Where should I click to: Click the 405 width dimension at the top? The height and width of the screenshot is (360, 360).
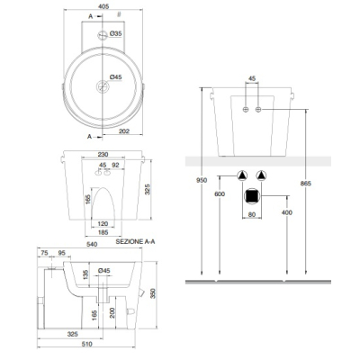[x=103, y=6]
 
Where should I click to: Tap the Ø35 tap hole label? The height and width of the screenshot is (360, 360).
[x=115, y=33]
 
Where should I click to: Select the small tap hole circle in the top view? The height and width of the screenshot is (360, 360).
[x=103, y=35]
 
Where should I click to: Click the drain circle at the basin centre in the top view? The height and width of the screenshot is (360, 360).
[x=103, y=86]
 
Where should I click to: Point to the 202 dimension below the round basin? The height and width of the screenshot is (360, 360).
[x=124, y=131]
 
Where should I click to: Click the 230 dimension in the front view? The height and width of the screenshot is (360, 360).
[x=103, y=155]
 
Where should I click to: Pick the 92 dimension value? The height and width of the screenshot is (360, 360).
[x=115, y=165]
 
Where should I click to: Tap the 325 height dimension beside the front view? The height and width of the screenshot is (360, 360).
[x=148, y=189]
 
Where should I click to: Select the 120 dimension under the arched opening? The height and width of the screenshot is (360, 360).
[x=103, y=224]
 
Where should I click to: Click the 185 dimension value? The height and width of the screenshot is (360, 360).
[x=103, y=232]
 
